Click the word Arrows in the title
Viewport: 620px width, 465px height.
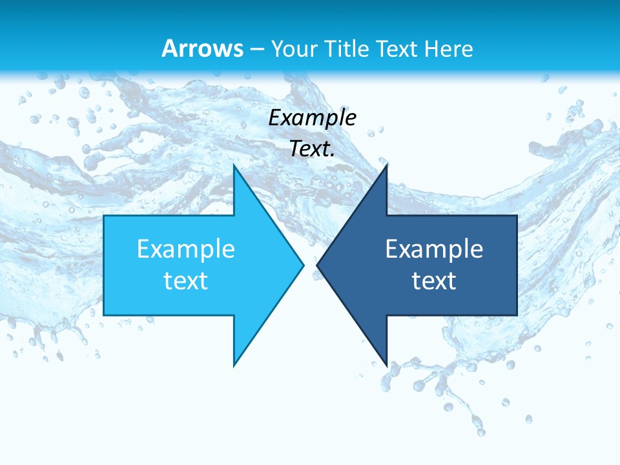(x=203, y=48)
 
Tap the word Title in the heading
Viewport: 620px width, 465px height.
(x=349, y=48)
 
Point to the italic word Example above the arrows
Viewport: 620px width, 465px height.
(x=313, y=118)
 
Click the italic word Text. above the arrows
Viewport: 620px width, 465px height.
(x=313, y=149)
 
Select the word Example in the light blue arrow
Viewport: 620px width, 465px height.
(x=186, y=249)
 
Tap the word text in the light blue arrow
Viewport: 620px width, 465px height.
(x=186, y=281)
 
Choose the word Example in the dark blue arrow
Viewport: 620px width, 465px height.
(x=434, y=249)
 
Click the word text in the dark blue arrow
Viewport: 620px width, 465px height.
(x=434, y=281)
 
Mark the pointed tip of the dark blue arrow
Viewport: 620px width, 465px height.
(x=318, y=265)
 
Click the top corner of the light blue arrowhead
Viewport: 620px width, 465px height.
(x=234, y=166)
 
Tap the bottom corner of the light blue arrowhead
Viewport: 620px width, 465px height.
(x=234, y=365)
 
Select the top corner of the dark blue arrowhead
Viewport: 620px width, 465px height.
(x=386, y=166)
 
